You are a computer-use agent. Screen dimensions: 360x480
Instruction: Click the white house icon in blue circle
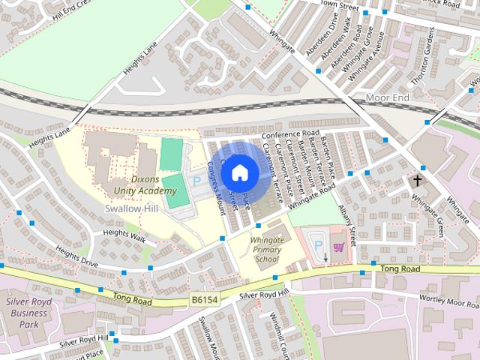(x=239, y=172)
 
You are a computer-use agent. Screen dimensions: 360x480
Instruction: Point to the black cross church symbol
(x=418, y=181)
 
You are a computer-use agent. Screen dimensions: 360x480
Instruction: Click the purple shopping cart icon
(x=337, y=245)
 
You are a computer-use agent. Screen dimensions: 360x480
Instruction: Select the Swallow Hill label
(x=131, y=208)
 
